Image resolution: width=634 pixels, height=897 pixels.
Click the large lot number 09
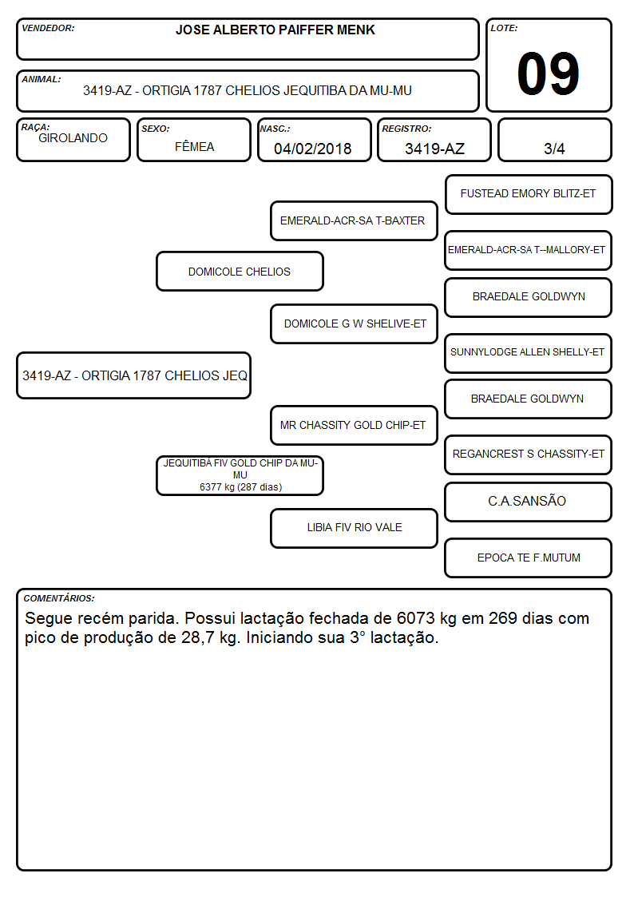pos(548,73)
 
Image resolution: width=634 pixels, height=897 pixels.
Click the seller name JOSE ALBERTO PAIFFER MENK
pos(275,30)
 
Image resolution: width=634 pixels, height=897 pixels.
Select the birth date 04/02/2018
pos(313,149)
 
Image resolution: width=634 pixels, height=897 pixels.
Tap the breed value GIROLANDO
pos(73,138)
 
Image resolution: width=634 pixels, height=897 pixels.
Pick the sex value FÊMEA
pos(194,146)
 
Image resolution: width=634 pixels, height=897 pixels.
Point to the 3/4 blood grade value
pos(554,149)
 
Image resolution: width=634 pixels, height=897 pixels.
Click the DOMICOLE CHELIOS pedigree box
pos(240,271)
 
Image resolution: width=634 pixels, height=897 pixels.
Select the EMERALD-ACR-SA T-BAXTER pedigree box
pos(354,220)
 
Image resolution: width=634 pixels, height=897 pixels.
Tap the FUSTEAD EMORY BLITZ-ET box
pos(529,195)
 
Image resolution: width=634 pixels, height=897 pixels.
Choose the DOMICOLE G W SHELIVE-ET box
pos(354,323)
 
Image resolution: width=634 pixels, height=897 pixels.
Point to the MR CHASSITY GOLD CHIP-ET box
pos(354,425)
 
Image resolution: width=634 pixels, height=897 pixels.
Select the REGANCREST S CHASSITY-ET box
pos(529,454)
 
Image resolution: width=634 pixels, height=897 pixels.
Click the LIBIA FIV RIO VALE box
pos(354,528)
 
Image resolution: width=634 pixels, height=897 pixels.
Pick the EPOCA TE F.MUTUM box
pos(529,558)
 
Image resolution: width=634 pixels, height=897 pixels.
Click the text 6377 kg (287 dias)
pos(240,486)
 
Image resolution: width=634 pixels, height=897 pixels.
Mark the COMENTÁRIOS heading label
pos(59,598)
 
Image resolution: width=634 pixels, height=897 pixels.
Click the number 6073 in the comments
pos(416,618)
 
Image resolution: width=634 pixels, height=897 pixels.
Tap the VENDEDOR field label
pos(48,28)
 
